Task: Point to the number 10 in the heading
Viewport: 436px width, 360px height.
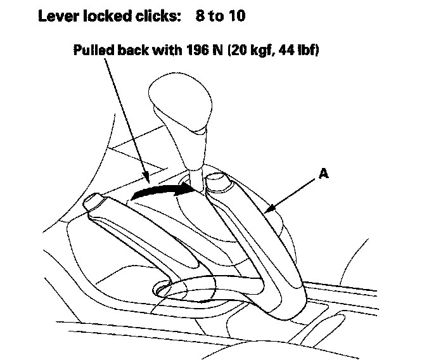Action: pyautogui.click(x=235, y=15)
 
